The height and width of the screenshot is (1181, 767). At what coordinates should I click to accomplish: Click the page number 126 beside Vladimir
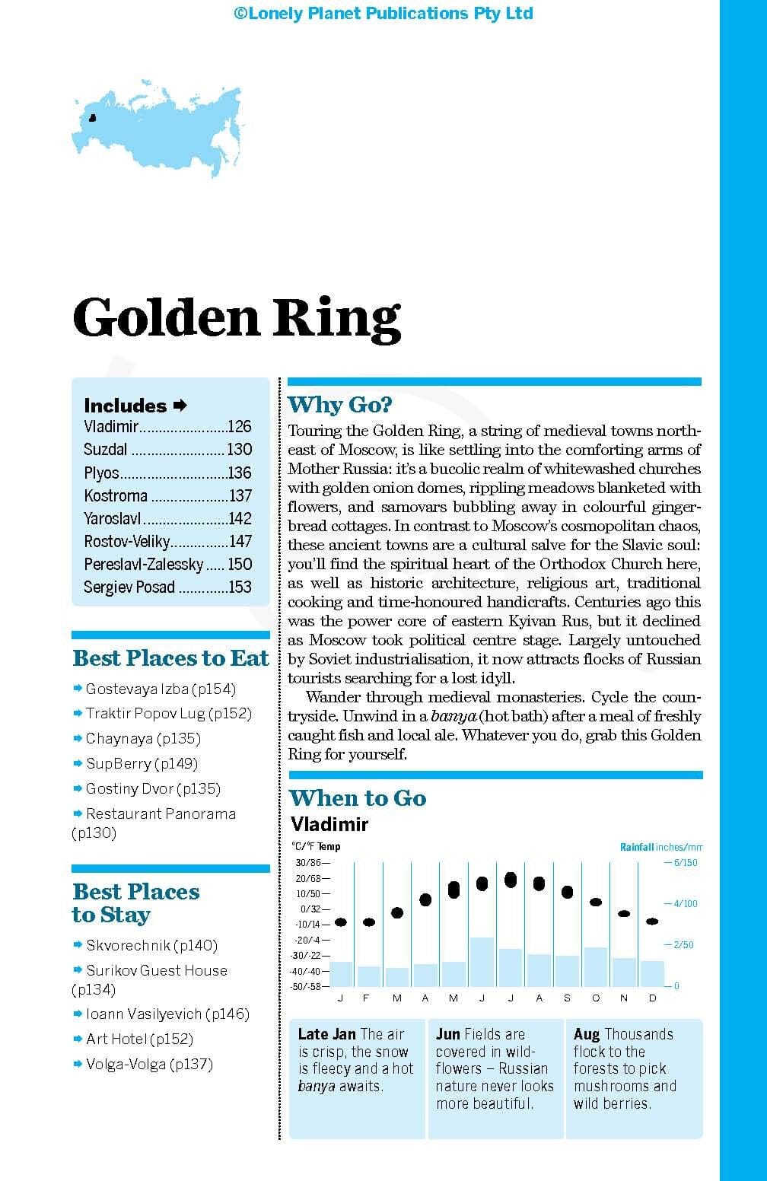pyautogui.click(x=239, y=427)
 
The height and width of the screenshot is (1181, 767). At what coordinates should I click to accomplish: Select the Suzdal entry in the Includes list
pyautogui.click(x=106, y=450)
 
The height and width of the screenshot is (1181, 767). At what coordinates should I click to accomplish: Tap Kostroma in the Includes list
pyautogui.click(x=116, y=495)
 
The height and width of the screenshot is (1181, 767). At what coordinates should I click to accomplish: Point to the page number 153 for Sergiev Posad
pyautogui.click(x=240, y=587)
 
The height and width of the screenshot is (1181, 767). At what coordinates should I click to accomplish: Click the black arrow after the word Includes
pyautogui.click(x=180, y=406)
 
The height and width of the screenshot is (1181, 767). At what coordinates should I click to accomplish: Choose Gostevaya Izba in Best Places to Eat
pyautogui.click(x=137, y=689)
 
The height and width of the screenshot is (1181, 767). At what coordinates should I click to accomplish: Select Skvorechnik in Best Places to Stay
pyautogui.click(x=128, y=945)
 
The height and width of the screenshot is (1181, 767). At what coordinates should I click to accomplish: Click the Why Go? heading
pyautogui.click(x=340, y=405)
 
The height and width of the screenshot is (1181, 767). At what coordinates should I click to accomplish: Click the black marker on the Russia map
pyautogui.click(x=93, y=118)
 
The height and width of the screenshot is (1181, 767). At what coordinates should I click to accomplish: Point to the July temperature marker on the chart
pyautogui.click(x=511, y=880)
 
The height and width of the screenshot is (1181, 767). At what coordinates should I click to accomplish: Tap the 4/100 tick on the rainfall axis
pyautogui.click(x=681, y=904)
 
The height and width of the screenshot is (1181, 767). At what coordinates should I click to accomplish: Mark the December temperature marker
pyautogui.click(x=652, y=922)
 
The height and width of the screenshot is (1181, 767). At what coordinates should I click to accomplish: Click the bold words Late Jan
pyautogui.click(x=326, y=1034)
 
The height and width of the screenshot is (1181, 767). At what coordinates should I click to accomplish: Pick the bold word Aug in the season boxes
pyautogui.click(x=586, y=1034)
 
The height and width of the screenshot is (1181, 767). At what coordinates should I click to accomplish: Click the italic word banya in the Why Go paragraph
pyautogui.click(x=454, y=716)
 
